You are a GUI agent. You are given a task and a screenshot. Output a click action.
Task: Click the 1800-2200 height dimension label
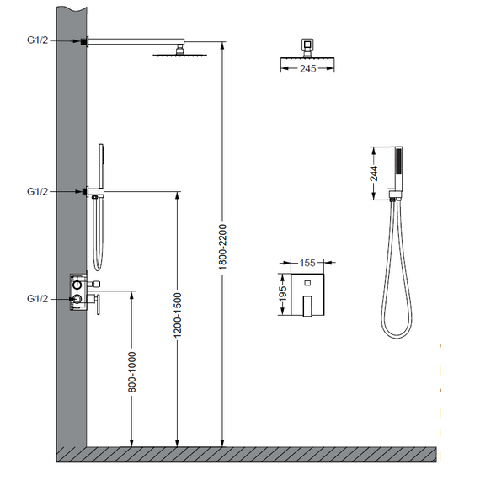pyautogui.click(x=222, y=247)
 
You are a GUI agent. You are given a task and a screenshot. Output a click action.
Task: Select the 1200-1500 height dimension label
pyautogui.click(x=177, y=315)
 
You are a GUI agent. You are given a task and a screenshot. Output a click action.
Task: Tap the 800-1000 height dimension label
pyautogui.click(x=131, y=372)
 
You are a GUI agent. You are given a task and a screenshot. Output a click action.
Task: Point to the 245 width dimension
pyautogui.click(x=307, y=68)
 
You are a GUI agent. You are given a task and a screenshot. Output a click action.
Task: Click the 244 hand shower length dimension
pyautogui.click(x=374, y=173)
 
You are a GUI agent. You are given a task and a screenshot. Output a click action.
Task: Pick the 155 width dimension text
pyautogui.click(x=307, y=263)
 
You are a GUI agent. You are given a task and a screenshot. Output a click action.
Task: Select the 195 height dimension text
pyautogui.click(x=283, y=293)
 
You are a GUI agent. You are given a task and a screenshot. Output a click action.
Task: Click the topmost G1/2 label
pyautogui.click(x=37, y=40)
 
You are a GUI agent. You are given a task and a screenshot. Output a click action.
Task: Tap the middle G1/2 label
pyautogui.click(x=37, y=191)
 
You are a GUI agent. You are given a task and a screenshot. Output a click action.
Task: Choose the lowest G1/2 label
pyautogui.click(x=37, y=298)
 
